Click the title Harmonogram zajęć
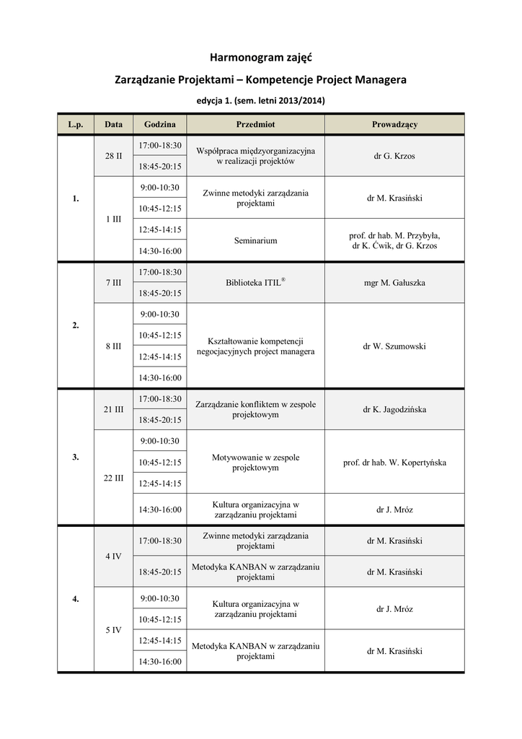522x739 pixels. click(x=260, y=56)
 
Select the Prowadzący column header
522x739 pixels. click(x=394, y=124)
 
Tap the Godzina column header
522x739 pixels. click(x=159, y=124)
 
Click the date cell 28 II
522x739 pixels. click(x=113, y=156)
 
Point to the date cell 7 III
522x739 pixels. click(x=113, y=283)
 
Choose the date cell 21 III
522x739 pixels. click(x=113, y=409)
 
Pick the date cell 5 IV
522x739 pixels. click(x=113, y=629)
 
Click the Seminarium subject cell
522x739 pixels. click(x=255, y=240)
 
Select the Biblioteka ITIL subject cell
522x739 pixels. click(x=255, y=283)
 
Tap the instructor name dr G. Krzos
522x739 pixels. click(x=394, y=156)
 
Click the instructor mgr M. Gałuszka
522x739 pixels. click(x=394, y=283)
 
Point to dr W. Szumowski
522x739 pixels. click(x=394, y=346)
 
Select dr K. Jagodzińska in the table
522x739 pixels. click(x=394, y=409)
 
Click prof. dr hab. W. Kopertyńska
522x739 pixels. click(x=394, y=463)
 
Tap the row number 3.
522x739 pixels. click(x=76, y=457)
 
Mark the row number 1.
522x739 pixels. click(x=76, y=198)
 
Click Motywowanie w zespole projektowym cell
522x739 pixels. click(x=255, y=463)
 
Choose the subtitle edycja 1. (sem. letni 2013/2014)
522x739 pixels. click(x=260, y=100)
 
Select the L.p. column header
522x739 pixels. click(x=76, y=124)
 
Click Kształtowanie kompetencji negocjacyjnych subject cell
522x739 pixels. click(x=255, y=346)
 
